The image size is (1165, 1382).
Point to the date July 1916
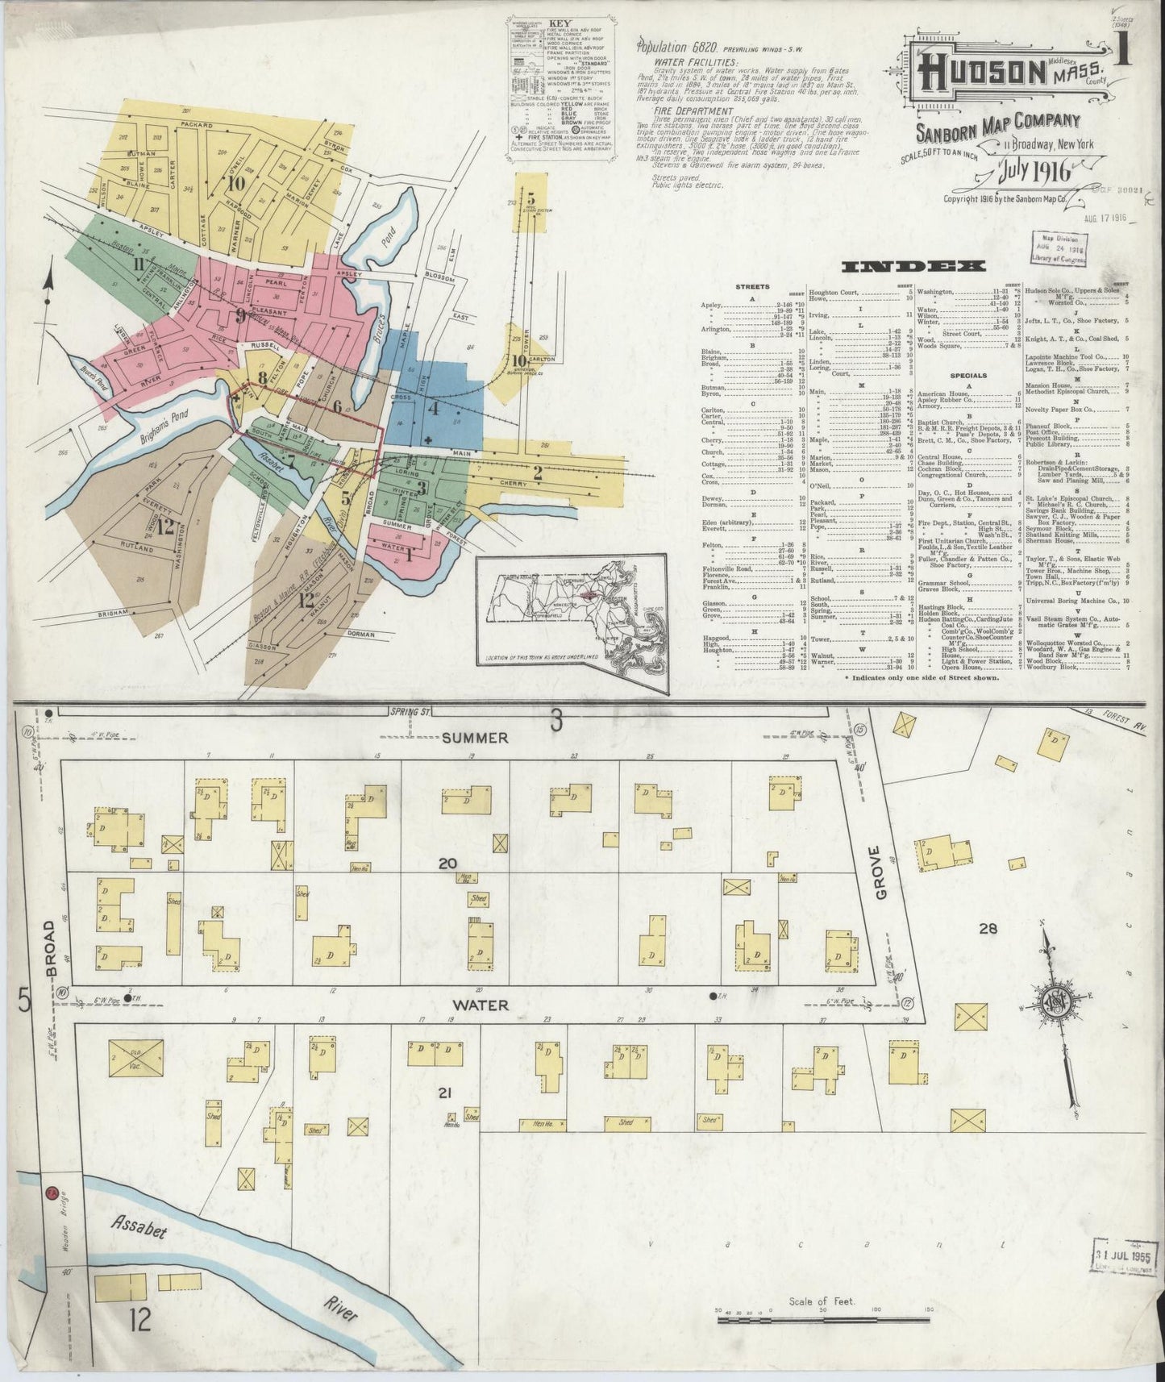[1026, 172]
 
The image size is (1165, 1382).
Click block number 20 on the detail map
[447, 864]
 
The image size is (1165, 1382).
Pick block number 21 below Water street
[443, 1093]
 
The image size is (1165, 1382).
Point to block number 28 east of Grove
[988, 928]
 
